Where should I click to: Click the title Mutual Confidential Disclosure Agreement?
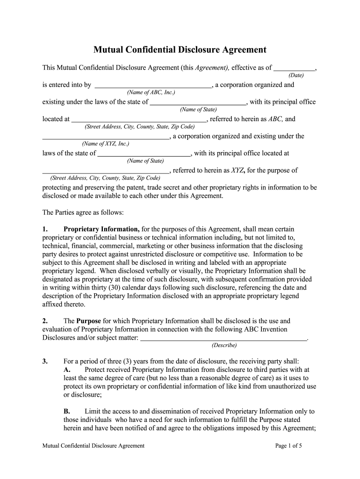pos(180,50)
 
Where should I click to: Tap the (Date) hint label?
pos(296,75)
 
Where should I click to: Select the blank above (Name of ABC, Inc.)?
pos(153,86)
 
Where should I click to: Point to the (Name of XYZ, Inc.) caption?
pos(105,144)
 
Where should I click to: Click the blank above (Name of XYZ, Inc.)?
pos(106,137)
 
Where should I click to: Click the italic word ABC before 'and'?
pos(275,119)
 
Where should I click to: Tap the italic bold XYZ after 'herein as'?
pos(238,171)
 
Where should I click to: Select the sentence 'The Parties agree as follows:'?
pos(83,212)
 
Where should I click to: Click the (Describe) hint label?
pos(224,345)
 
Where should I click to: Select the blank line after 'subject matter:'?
pos(224,338)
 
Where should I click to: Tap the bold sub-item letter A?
pos(67,370)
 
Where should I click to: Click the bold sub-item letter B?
pos(67,412)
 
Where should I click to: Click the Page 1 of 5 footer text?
pos(289,446)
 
